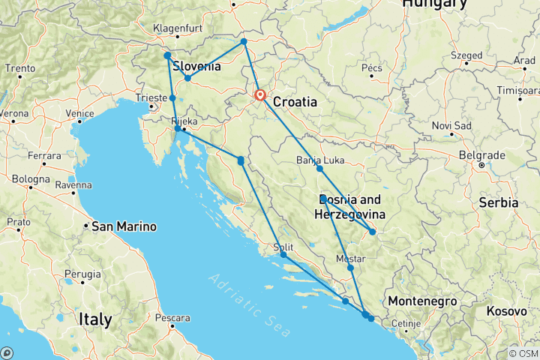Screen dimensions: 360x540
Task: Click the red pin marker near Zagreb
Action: click(x=260, y=95)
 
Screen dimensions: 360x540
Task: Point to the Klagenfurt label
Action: click(x=175, y=28)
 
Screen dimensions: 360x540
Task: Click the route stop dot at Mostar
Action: click(x=350, y=268)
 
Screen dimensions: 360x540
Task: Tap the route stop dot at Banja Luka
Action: click(x=319, y=169)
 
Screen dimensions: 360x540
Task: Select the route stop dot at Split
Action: click(x=283, y=255)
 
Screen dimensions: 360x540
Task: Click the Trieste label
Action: click(x=151, y=97)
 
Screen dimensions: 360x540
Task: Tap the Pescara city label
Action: click(x=172, y=318)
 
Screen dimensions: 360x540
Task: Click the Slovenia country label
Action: click(x=196, y=66)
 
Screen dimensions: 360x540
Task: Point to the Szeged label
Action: click(x=466, y=55)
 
